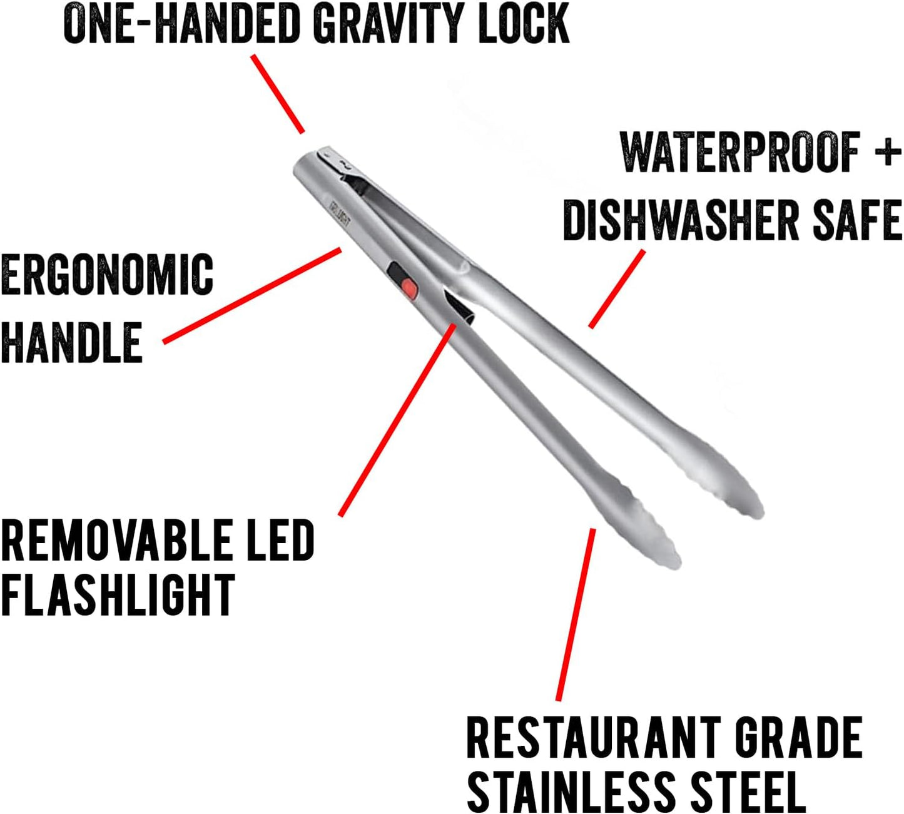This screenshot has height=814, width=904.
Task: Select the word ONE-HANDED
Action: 182,23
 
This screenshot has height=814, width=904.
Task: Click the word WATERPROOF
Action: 740,152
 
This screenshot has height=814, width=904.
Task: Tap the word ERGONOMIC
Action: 107,274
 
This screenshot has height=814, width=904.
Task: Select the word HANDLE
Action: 72,342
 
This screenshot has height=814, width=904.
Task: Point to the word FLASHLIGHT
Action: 118,595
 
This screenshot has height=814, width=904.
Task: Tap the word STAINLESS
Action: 572,791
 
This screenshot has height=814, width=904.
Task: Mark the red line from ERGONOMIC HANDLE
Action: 252,296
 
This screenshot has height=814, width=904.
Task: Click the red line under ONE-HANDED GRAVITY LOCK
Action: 278,94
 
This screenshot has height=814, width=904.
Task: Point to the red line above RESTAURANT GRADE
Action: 576,614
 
